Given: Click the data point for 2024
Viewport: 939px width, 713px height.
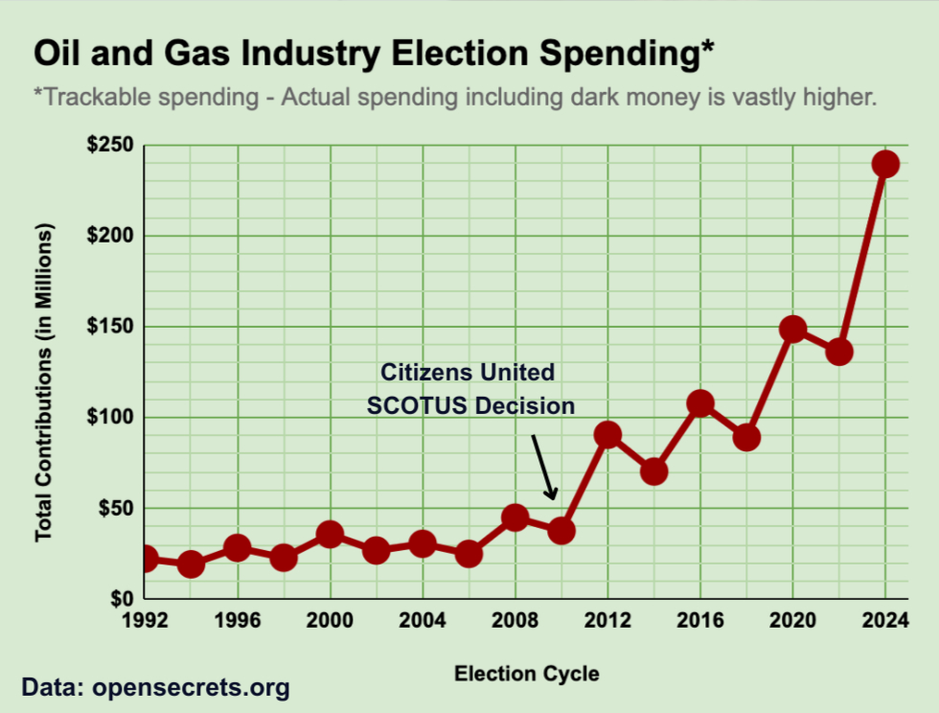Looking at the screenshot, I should (x=885, y=164).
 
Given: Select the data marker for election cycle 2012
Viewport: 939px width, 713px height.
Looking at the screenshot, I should (x=607, y=435).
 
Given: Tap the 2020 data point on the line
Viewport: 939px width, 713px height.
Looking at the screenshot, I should (x=792, y=330).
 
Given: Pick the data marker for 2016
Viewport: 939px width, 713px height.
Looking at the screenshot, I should (x=700, y=403).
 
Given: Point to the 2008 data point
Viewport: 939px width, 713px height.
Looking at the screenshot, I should (x=515, y=517).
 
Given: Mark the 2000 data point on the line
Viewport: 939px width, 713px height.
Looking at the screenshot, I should (x=330, y=535).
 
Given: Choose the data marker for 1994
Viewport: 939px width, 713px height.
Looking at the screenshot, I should (x=191, y=564).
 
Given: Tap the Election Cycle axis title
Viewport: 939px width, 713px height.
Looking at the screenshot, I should (x=526, y=674).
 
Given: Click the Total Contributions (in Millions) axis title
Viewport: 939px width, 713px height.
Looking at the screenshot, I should (x=44, y=382).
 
